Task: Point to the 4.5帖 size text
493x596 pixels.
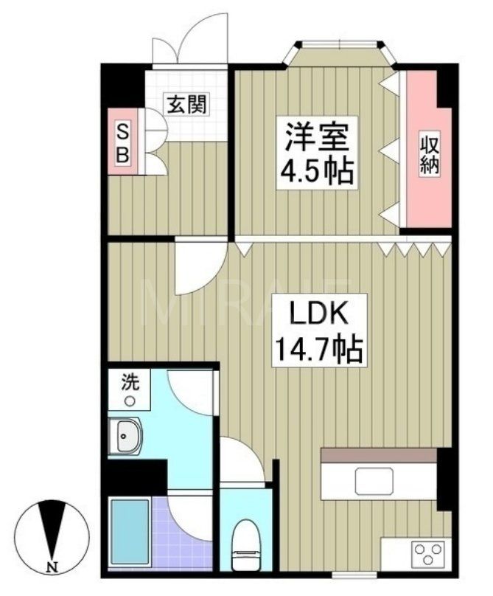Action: [316, 173]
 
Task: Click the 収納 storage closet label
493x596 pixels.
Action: [430, 153]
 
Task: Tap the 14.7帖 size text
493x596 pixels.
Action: [318, 349]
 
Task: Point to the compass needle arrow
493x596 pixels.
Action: [51, 527]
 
